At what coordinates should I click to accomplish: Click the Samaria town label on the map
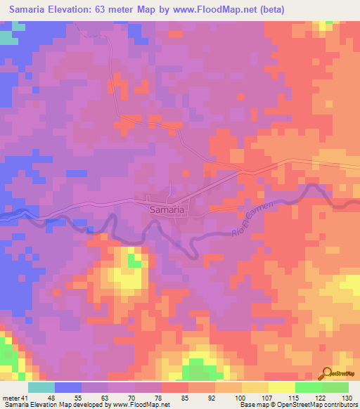click(167, 209)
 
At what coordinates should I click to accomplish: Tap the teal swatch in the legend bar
click(41, 387)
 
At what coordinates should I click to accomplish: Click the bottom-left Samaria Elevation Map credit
click(84, 405)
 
